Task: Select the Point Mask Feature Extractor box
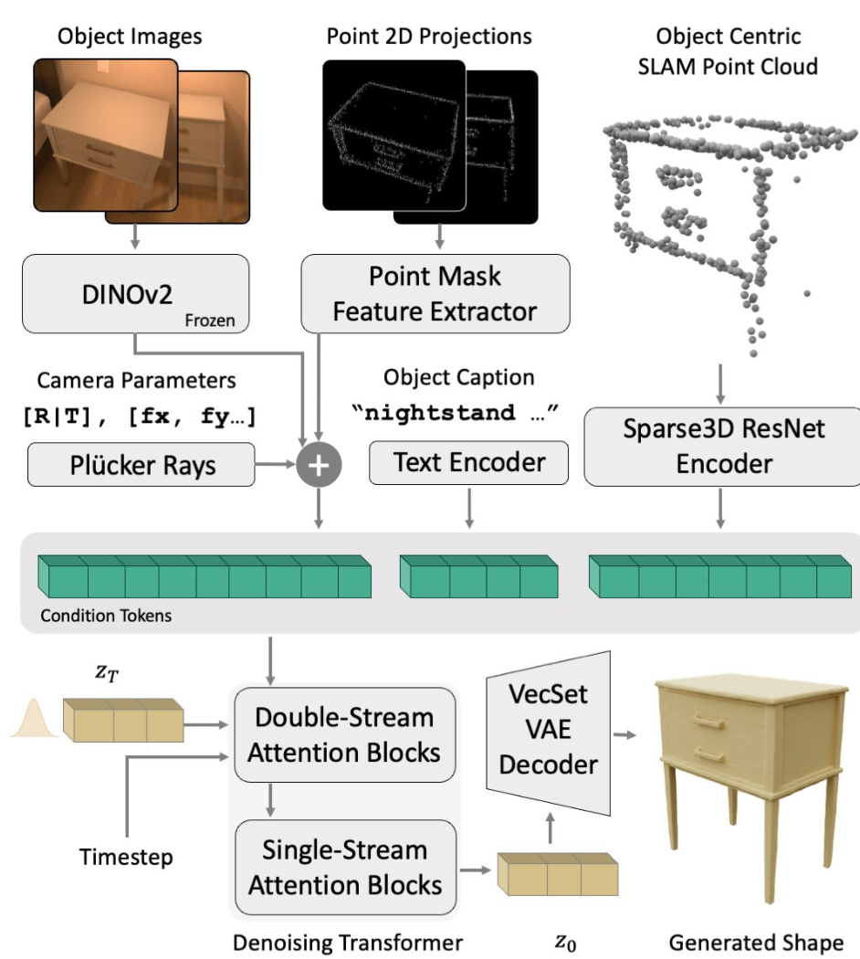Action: tap(435, 292)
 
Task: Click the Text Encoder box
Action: tap(468, 463)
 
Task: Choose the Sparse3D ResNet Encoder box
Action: tap(721, 447)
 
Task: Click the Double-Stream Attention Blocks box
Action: tap(344, 736)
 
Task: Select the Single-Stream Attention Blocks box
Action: tap(344, 867)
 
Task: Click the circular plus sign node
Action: tap(319, 465)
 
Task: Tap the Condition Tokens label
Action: tap(106, 616)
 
